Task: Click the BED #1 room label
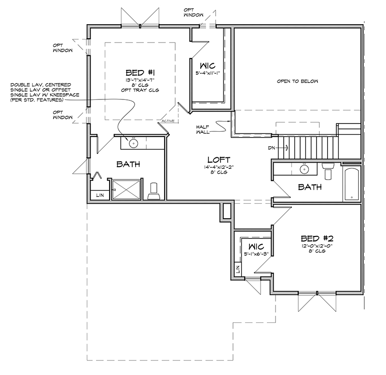pyautogui.click(x=140, y=73)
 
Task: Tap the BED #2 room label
pyautogui.click(x=317, y=238)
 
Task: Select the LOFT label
pyautogui.click(x=219, y=160)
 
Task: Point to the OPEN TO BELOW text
pyautogui.click(x=297, y=81)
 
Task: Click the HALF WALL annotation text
pyautogui.click(x=203, y=129)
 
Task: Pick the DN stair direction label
pyautogui.click(x=271, y=148)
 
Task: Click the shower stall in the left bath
pyautogui.click(x=126, y=190)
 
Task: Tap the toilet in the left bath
pyautogui.click(x=154, y=191)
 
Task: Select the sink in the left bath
pyautogui.click(x=134, y=143)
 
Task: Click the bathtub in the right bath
pyautogui.click(x=351, y=184)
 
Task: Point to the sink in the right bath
pyautogui.click(x=304, y=169)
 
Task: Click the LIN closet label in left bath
pyautogui.click(x=100, y=195)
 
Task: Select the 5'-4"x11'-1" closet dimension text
pyautogui.click(x=207, y=73)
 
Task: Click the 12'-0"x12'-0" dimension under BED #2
pyautogui.click(x=317, y=246)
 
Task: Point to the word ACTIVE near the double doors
pyautogui.click(x=168, y=121)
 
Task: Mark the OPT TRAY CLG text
pyautogui.click(x=140, y=90)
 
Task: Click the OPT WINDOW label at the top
pyautogui.click(x=193, y=13)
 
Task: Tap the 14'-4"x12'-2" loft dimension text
pyautogui.click(x=219, y=167)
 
